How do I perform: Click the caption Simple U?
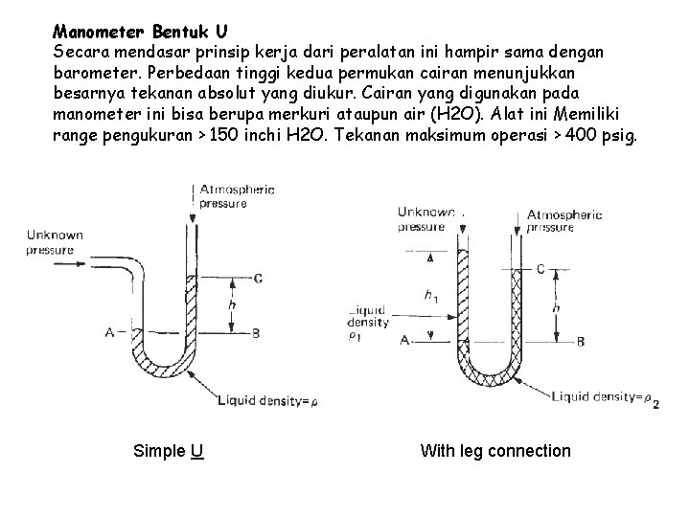click(x=169, y=450)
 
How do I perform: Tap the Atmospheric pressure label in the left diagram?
click(x=236, y=196)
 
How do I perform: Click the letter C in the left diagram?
click(x=258, y=279)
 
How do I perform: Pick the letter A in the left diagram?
click(x=109, y=332)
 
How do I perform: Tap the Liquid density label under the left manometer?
click(x=264, y=402)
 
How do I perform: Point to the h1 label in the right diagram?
click(x=432, y=297)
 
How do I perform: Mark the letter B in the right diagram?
click(x=581, y=341)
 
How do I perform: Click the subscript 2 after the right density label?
click(x=655, y=403)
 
